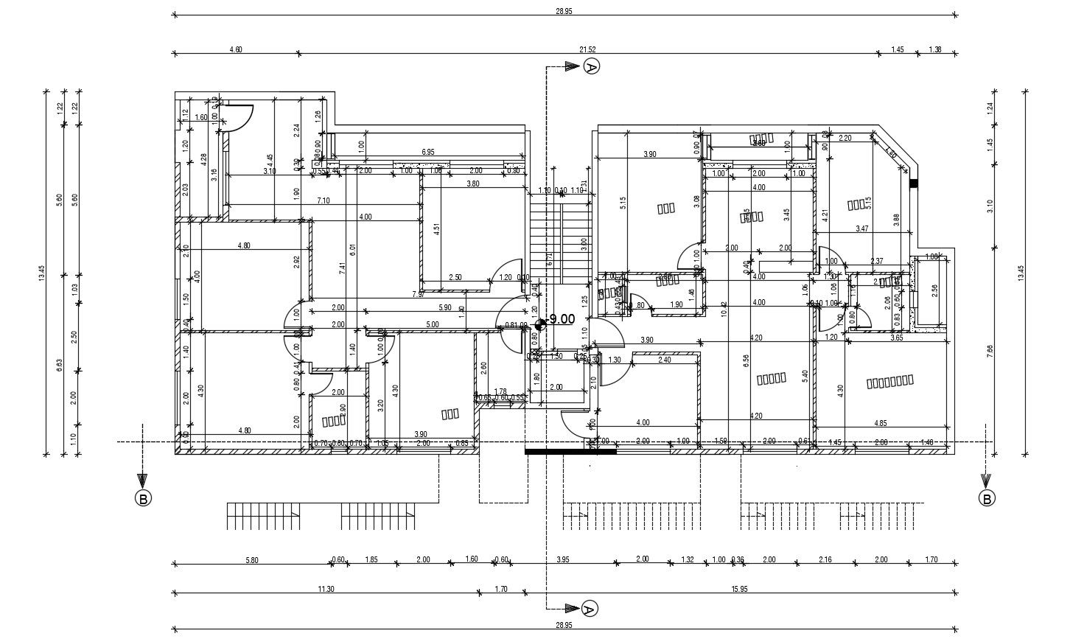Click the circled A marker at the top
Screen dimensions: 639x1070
(591, 67)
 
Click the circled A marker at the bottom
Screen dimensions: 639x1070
(588, 609)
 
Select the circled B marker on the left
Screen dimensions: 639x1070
(143, 499)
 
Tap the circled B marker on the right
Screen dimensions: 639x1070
(986, 499)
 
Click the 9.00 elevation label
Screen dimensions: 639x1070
(562, 319)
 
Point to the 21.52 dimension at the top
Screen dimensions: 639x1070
(587, 49)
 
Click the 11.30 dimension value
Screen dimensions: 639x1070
(326, 588)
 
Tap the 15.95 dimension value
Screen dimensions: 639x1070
(738, 588)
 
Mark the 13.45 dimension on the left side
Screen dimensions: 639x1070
(42, 273)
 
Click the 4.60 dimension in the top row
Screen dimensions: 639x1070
(236, 49)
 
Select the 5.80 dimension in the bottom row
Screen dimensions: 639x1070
(251, 560)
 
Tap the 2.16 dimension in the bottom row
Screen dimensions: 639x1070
(825, 560)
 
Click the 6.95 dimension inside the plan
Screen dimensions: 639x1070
(428, 152)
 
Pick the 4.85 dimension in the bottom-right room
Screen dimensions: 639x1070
(880, 423)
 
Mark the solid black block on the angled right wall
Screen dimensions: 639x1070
(914, 184)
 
